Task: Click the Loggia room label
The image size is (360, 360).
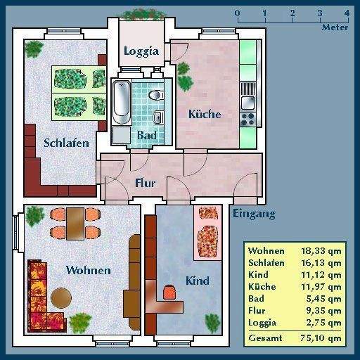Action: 141,51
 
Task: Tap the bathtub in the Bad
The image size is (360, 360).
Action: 122,102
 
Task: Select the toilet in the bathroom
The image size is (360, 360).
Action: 156,95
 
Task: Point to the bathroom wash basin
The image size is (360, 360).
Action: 158,117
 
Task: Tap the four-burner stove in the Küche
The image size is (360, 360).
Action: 248,119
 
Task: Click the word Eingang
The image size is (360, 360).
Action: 254,214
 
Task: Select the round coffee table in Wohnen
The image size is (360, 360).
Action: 61,297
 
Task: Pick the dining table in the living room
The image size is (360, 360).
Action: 75,224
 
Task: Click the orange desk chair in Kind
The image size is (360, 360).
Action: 169,292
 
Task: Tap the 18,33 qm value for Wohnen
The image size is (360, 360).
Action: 321,251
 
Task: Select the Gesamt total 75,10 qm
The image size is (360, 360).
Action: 321,338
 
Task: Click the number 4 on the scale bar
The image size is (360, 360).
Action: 347,13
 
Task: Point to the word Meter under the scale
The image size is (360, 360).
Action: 335,27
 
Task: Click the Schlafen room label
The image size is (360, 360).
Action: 66,143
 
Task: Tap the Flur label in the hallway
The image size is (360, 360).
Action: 146,183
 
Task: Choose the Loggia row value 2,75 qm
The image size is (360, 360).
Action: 323,323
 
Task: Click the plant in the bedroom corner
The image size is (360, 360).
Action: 34,49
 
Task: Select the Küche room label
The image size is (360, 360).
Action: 205,114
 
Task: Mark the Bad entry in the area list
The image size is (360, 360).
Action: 256,299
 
